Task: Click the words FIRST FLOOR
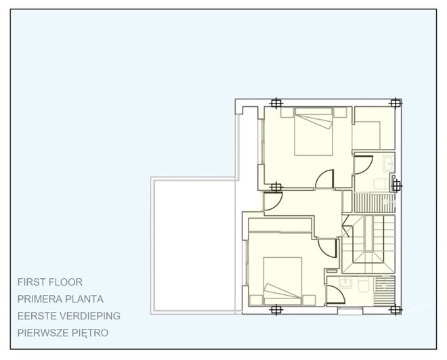51,282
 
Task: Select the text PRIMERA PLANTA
60,298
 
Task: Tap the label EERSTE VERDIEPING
69,315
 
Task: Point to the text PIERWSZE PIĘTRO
63,333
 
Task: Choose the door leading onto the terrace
273,200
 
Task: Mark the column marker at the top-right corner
396,103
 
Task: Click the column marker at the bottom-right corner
396,309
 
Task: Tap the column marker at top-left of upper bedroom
275,103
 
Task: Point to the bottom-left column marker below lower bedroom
275,309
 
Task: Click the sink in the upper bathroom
389,163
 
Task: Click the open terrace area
193,244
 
